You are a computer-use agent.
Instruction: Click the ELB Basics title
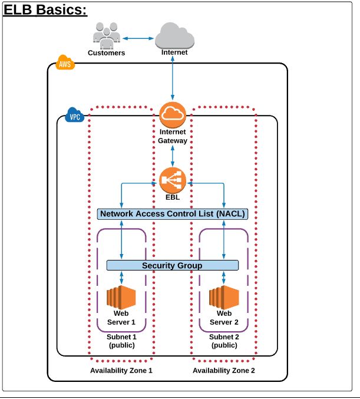45,11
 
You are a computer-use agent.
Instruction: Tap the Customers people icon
107,35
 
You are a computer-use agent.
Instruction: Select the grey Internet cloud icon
174,35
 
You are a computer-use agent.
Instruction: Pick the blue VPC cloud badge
75,116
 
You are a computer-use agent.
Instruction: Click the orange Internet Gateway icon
173,114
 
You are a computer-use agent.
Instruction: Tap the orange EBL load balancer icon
173,180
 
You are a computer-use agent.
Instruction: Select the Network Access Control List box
172,214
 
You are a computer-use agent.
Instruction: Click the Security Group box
172,265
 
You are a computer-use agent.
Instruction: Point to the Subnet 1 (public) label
122,341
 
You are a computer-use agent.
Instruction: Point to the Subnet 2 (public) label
224,341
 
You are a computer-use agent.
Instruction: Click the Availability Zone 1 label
121,371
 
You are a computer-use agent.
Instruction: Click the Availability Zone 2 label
224,371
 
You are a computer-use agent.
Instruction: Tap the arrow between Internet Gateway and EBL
173,156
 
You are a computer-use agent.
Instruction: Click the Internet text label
174,52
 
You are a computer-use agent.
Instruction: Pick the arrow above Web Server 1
121,278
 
